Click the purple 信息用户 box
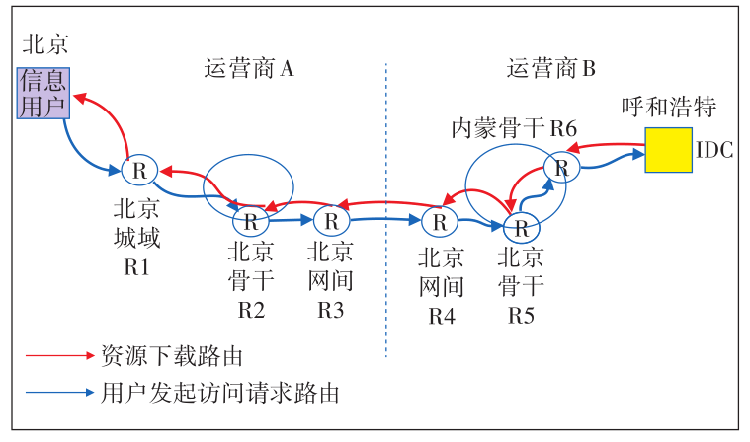point(42,93)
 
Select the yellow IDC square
point(668,149)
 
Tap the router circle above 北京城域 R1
point(140,170)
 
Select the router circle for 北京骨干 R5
point(520,227)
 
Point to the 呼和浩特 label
point(668,107)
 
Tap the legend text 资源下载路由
point(171,355)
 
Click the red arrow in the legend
point(57,355)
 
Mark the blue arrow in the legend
point(57,393)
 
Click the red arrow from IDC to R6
point(608,145)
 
